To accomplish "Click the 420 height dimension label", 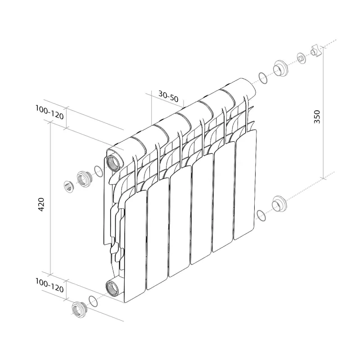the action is (x=41, y=204).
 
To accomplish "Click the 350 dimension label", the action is (x=317, y=117).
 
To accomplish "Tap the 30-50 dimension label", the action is (x=168, y=96).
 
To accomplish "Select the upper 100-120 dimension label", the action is (x=49, y=112).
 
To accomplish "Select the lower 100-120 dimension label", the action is (x=49, y=285).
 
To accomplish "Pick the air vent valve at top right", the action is (x=316, y=51).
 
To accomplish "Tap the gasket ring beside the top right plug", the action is (x=263, y=78).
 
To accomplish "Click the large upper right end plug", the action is (x=280, y=68).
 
